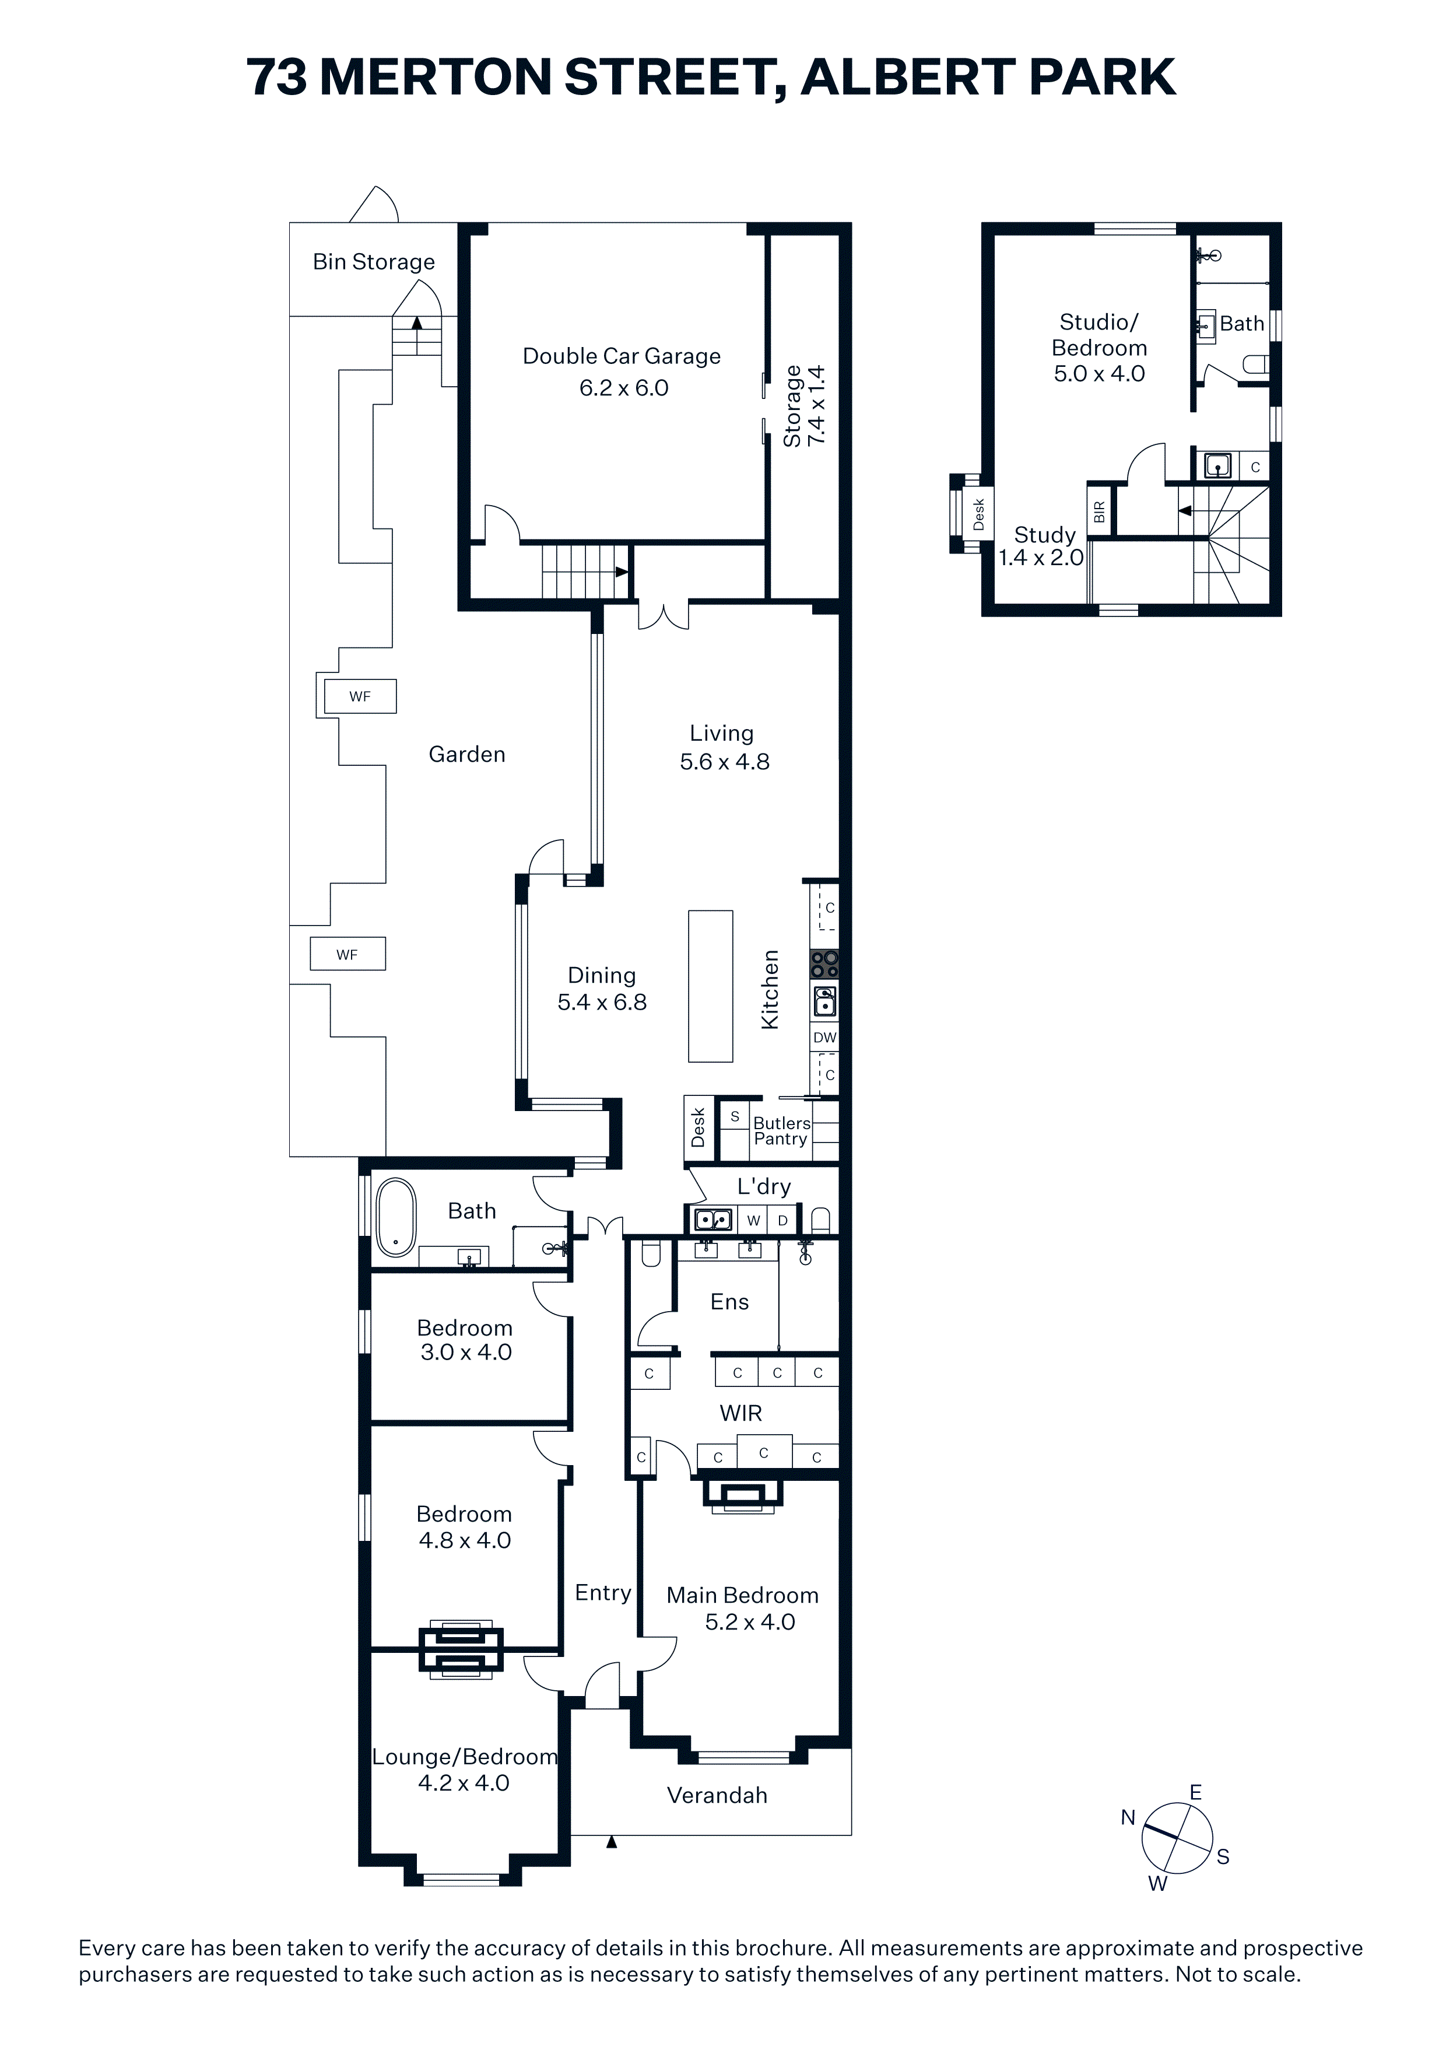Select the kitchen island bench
coord(710,986)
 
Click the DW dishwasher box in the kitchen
coord(824,1037)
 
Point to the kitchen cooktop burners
coord(824,964)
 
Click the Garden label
coord(467,755)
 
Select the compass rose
coord(1177,1837)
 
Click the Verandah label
coord(717,1795)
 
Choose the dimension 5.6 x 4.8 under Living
coord(724,762)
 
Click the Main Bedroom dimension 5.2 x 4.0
coord(750,1622)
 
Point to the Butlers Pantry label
coord(781,1131)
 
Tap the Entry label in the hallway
coord(603,1592)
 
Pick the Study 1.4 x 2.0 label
coord(1041,546)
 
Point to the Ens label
coord(729,1302)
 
